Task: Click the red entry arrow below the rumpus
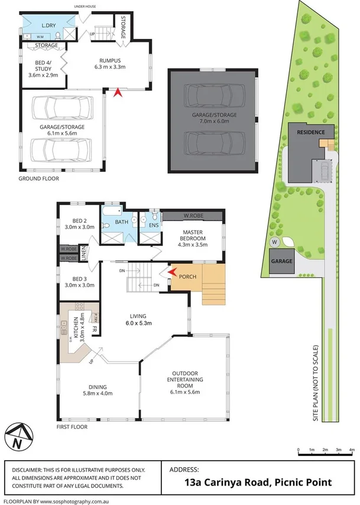(x=117, y=92)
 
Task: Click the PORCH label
(x=188, y=277)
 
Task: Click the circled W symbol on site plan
(x=274, y=242)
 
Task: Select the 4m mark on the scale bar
(x=351, y=451)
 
